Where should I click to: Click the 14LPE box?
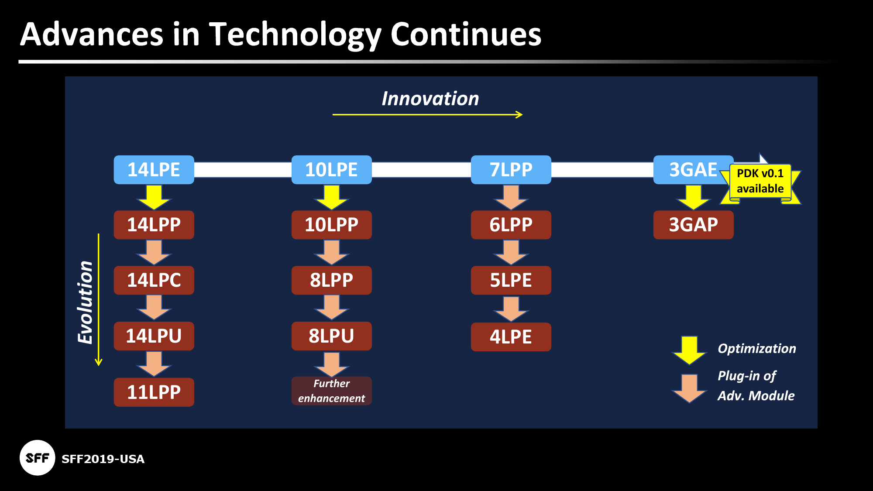coord(154,170)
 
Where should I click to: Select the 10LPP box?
coord(331,225)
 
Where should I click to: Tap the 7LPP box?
coord(511,170)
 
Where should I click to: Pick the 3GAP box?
coord(693,225)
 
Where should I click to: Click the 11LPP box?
coord(154,392)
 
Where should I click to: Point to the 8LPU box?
coord(331,336)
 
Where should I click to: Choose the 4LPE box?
coord(511,337)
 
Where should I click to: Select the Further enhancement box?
coord(331,391)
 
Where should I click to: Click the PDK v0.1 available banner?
coord(760,181)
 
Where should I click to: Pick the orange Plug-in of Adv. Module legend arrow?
coord(689,388)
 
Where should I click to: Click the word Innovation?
coord(430,99)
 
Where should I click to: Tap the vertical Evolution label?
coord(86,302)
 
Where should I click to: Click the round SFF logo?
coord(38,458)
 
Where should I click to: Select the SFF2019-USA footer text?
coord(103,459)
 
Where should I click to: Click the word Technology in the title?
coord(295,35)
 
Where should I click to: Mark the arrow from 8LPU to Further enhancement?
coord(331,364)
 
